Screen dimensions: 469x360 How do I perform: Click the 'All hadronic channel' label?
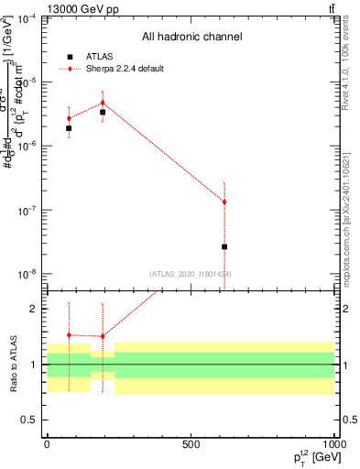point(191,38)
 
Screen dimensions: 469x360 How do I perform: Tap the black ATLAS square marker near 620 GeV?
point(224,246)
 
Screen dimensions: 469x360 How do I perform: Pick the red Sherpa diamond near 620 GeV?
point(224,202)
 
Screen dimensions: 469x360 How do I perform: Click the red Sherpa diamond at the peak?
point(103,103)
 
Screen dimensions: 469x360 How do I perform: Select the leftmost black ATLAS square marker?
point(69,128)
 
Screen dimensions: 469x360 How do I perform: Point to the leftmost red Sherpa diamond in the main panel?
point(69,118)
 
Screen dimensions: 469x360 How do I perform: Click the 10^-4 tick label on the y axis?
point(24,18)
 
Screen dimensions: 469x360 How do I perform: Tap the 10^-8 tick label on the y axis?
point(24,274)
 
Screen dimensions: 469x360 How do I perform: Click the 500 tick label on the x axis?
point(191,443)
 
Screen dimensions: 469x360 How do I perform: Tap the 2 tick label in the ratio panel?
point(34,309)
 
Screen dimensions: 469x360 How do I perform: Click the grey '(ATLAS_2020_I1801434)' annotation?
point(191,273)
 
